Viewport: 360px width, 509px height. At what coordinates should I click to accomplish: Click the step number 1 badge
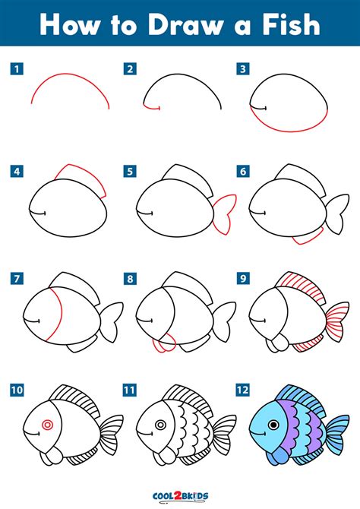tap(17, 69)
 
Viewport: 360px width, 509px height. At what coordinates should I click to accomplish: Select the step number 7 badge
tap(17, 278)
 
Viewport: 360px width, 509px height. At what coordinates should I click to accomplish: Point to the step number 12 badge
tap(243, 390)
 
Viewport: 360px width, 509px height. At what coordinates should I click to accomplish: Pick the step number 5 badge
tap(130, 171)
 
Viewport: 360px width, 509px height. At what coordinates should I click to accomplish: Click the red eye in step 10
tap(47, 425)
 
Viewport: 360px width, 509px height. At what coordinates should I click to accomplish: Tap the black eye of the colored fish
tap(273, 425)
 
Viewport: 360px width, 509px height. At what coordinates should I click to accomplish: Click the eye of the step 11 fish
tap(160, 425)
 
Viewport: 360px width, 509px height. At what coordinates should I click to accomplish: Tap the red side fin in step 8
tap(165, 345)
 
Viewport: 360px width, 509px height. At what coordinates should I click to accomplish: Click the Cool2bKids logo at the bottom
tap(180, 496)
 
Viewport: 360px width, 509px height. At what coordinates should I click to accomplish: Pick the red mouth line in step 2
tap(151, 107)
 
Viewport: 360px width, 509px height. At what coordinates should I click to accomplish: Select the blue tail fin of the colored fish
tap(338, 432)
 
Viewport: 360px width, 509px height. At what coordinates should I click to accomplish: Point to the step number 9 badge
tap(243, 278)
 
